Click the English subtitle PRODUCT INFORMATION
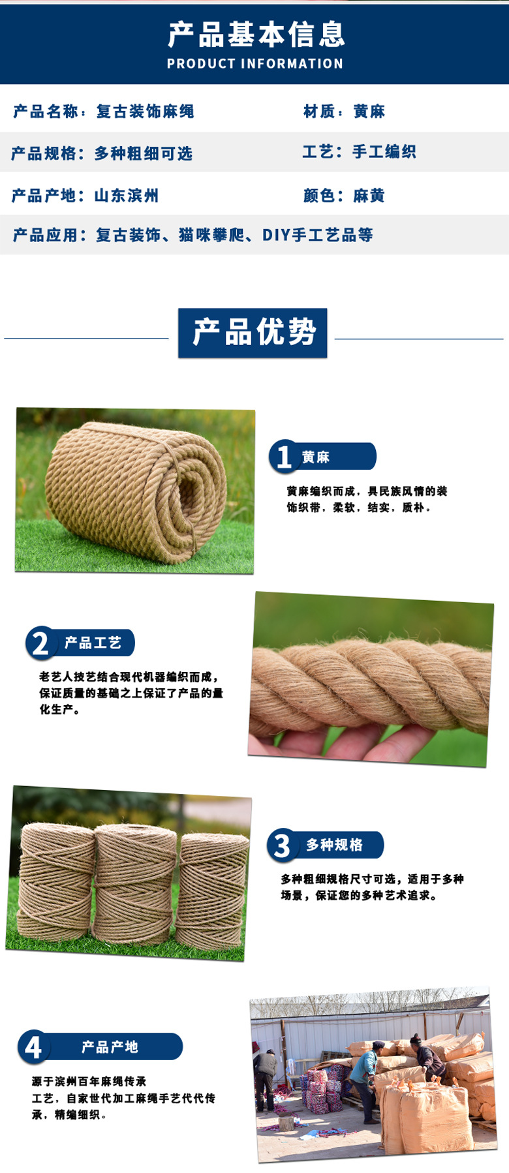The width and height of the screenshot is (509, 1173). [254, 64]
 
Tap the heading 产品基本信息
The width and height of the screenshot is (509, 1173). [256, 35]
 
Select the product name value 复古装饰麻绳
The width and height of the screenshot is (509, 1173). [145, 112]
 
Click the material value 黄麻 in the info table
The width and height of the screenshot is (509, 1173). [369, 112]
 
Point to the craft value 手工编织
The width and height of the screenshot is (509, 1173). [384, 152]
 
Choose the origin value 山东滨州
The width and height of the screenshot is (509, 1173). [127, 196]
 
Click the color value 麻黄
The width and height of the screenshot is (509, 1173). [369, 196]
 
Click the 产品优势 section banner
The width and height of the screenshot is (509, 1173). [253, 333]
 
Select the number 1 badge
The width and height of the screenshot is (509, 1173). [284, 457]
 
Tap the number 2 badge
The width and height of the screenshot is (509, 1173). [40, 643]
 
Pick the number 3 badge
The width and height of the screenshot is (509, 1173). [282, 845]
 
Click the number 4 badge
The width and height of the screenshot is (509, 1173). [33, 1048]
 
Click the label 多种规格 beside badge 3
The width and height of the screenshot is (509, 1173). [335, 845]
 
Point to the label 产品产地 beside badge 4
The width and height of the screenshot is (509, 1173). [110, 1047]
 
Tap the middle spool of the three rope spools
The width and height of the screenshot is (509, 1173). [136, 884]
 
